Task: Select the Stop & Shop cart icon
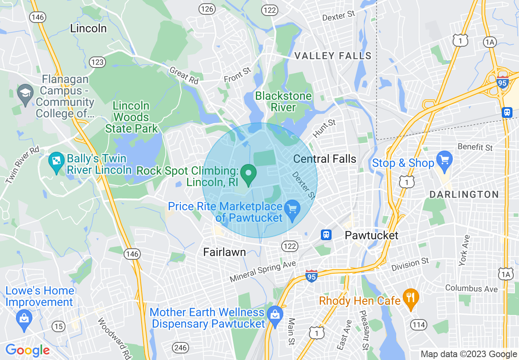444,159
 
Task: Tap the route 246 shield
180,348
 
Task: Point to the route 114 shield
419,324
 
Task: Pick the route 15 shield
59,326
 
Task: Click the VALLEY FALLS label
333,56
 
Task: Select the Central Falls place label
325,159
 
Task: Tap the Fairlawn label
225,252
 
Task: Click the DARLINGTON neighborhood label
464,194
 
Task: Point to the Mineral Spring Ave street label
262,271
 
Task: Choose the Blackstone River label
283,101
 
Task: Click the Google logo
27,350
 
